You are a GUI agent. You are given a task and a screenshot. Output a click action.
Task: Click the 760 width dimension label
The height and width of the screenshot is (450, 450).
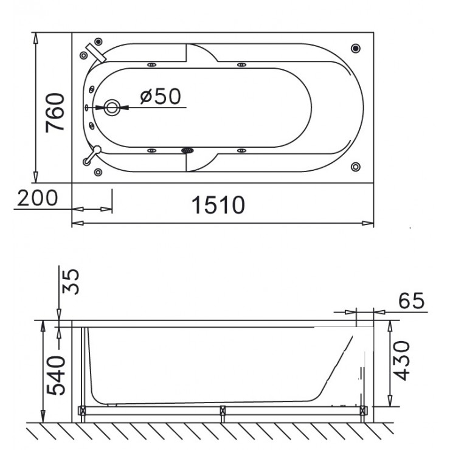click(x=55, y=112)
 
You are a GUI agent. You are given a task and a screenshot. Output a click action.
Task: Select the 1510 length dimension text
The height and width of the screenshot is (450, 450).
click(x=218, y=206)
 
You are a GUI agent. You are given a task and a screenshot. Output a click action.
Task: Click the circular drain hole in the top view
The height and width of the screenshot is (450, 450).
click(x=112, y=108)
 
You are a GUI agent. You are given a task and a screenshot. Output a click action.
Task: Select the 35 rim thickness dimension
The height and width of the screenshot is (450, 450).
click(x=71, y=281)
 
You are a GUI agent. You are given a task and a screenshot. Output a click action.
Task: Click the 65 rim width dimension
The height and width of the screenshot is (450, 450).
click(x=410, y=301)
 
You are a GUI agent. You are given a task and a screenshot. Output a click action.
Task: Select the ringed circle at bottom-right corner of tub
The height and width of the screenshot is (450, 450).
click(x=356, y=166)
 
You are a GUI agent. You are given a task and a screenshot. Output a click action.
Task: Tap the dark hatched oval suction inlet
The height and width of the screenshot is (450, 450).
click(x=187, y=150)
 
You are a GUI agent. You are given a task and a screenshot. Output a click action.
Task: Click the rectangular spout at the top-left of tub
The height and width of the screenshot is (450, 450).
click(x=95, y=51)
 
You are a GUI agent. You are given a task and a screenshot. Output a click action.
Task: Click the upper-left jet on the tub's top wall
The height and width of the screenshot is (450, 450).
click(x=150, y=64)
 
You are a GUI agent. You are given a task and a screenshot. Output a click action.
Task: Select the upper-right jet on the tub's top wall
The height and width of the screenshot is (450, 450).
click(x=241, y=64)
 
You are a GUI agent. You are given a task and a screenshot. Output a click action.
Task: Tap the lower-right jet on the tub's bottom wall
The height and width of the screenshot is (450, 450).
click(x=241, y=150)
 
